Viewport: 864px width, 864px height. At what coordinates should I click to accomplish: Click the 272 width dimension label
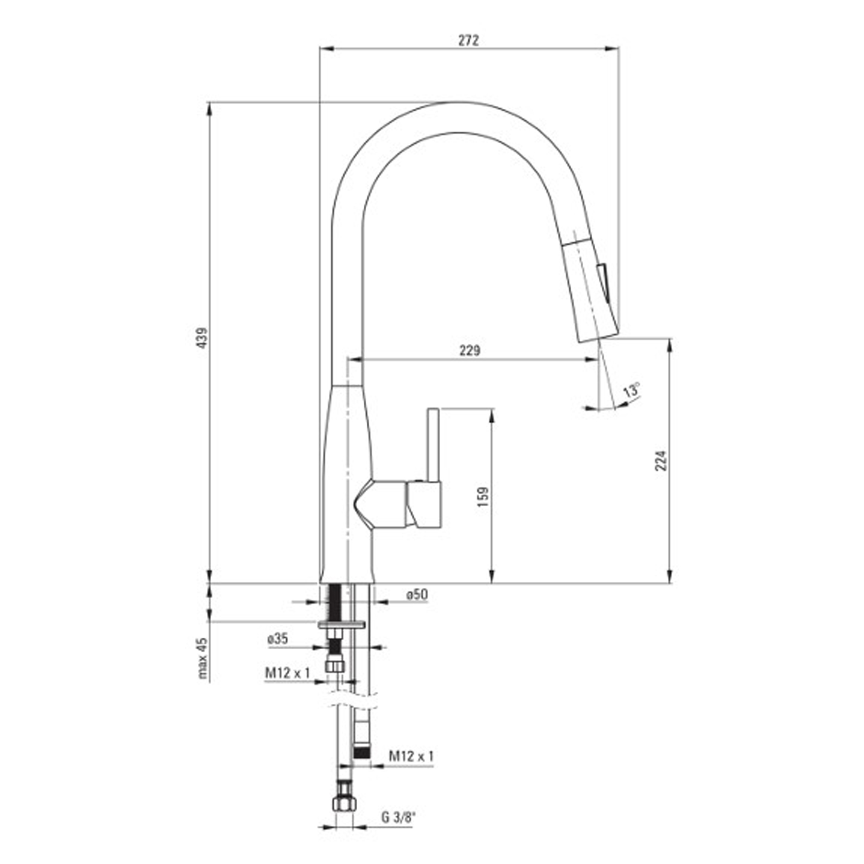468,41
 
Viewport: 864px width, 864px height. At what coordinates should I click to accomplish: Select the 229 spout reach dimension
470,350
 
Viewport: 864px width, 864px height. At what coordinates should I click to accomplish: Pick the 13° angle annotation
632,390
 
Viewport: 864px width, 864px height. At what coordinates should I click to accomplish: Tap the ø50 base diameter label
417,594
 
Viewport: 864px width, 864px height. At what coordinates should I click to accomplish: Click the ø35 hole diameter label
278,639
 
